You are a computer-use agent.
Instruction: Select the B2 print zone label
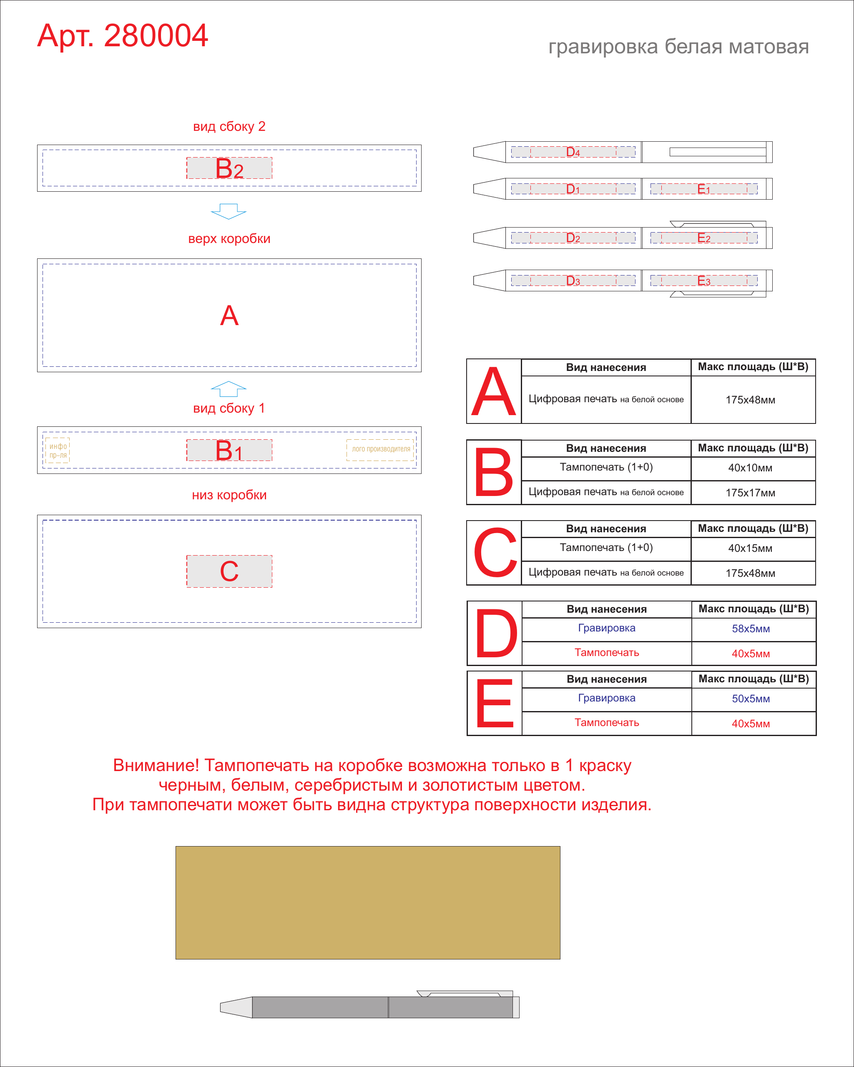pyautogui.click(x=229, y=168)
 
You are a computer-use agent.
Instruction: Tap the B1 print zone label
pyautogui.click(x=229, y=451)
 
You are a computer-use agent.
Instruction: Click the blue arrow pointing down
pyautogui.click(x=229, y=211)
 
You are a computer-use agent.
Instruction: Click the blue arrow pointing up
pyautogui.click(x=229, y=389)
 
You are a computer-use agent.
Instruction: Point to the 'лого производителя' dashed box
pyautogui.click(x=380, y=450)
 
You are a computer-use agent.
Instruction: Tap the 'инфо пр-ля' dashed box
pyautogui.click(x=58, y=451)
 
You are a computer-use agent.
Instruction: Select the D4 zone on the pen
pyautogui.click(x=573, y=152)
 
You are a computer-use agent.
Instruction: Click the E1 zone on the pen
pyautogui.click(x=704, y=189)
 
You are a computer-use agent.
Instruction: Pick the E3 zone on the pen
pyautogui.click(x=704, y=281)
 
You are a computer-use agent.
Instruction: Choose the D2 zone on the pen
pyautogui.click(x=573, y=238)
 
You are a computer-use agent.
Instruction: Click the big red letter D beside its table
pyautogui.click(x=496, y=634)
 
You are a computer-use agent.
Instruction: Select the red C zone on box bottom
pyautogui.click(x=229, y=571)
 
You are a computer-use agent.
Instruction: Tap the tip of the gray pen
pyautogui.click(x=221, y=1007)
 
